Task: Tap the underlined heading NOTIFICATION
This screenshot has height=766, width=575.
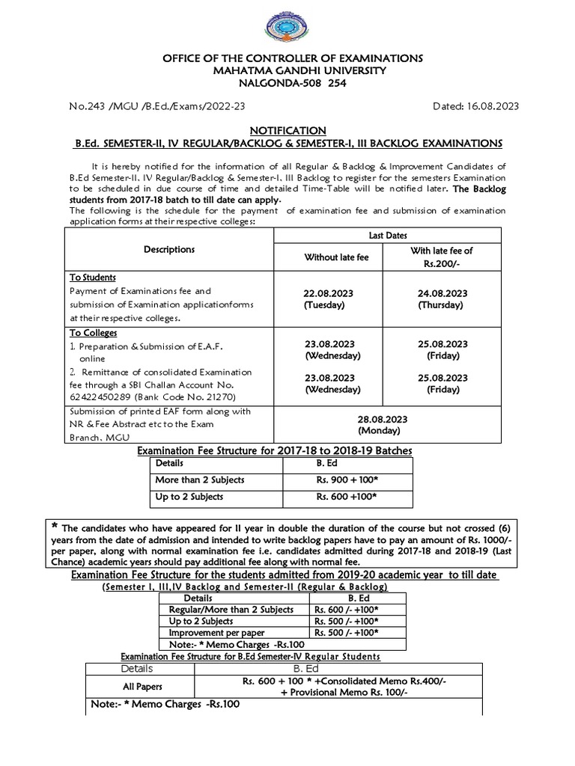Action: pyautogui.click(x=287, y=130)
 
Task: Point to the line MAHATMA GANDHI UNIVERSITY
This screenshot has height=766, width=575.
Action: pyautogui.click(x=288, y=70)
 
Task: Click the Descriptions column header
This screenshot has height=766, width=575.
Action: pyautogui.click(x=169, y=249)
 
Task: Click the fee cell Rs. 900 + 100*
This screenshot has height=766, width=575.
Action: pyautogui.click(x=346, y=479)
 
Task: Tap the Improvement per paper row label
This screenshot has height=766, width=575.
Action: pyautogui.click(x=211, y=631)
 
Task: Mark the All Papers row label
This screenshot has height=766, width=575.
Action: pyautogui.click(x=142, y=686)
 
